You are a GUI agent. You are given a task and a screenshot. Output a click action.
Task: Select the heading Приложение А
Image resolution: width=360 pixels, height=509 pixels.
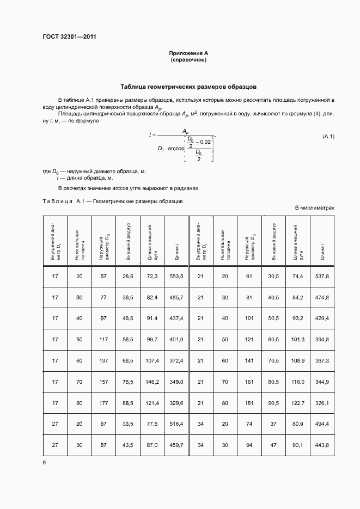coord(188,53)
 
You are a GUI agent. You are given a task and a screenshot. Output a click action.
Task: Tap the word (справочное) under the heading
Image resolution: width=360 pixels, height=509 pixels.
coord(188,60)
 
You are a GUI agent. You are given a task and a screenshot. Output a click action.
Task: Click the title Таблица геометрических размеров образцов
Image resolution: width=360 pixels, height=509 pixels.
coord(188,87)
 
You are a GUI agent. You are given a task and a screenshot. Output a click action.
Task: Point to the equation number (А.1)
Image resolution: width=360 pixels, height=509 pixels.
coord(328,136)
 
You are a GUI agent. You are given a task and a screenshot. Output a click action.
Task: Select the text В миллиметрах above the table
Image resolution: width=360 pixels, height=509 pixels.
coord(314,208)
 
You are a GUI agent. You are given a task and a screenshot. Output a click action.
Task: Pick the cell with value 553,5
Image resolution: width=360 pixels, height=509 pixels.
coord(176,277)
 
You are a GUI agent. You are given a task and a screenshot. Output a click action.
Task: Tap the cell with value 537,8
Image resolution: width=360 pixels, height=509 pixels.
coord(322,277)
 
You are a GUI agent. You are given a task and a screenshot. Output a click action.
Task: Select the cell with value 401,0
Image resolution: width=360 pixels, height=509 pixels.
coord(176,339)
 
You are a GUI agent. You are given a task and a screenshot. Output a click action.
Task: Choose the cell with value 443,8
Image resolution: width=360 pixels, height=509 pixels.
coord(322,445)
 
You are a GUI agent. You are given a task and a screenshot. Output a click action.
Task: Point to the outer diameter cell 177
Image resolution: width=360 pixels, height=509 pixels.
coord(103,403)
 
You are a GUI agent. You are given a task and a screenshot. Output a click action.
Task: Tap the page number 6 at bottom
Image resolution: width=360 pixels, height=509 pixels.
coord(44,462)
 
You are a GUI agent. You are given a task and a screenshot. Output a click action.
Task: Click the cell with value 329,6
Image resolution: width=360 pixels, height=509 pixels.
coord(176,403)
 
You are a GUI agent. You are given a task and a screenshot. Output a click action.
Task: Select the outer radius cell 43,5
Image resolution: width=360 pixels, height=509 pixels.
coord(128,445)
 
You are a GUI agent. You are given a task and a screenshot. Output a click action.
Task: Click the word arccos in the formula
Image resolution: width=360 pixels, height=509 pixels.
coord(176,148)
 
